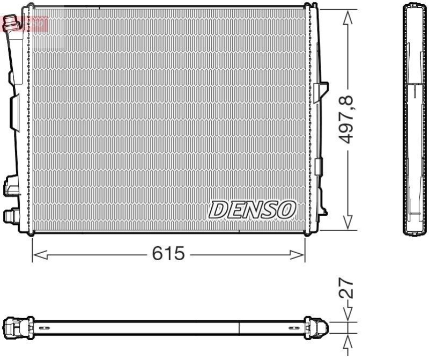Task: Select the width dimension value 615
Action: (x=168, y=254)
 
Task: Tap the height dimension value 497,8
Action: (x=348, y=119)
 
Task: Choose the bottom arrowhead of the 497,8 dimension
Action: (x=348, y=223)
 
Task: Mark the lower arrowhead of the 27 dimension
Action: (x=348, y=339)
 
